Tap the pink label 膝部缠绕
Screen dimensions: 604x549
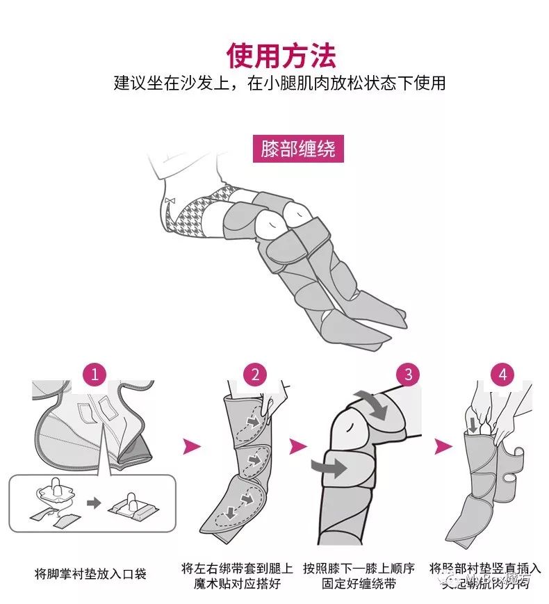pyautogui.click(x=298, y=149)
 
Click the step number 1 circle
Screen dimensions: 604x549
pyautogui.click(x=95, y=375)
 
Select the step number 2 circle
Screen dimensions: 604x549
pyautogui.click(x=255, y=375)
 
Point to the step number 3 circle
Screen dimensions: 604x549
pyautogui.click(x=408, y=375)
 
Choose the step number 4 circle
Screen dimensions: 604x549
pyautogui.click(x=502, y=375)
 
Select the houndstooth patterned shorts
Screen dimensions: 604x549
pyautogui.click(x=202, y=212)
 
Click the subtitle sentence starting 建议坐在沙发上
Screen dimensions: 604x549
pyautogui.click(x=279, y=83)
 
